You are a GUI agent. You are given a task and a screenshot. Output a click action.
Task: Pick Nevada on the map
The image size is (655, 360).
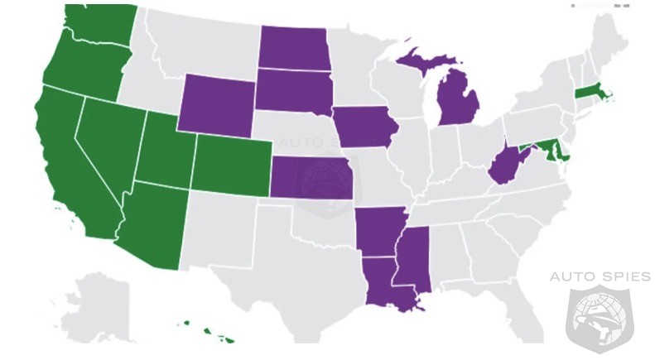coord(108,145)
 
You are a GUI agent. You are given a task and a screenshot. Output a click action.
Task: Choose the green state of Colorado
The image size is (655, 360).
coord(232,166)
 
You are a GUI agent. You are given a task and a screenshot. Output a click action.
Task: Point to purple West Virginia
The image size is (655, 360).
coord(503,166)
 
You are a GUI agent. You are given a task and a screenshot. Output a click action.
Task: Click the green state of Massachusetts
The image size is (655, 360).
coord(590,93)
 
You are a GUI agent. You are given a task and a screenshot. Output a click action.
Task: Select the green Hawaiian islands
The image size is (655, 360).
coord(217,334)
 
